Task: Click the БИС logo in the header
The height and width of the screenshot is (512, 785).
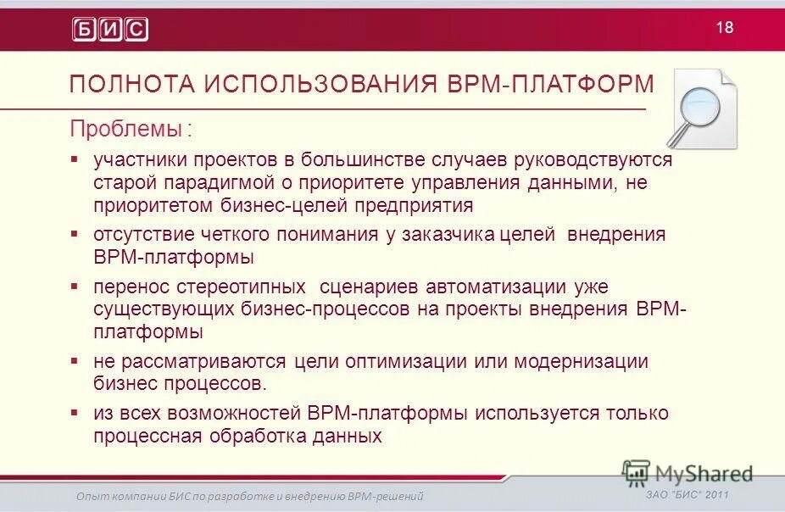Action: [x=110, y=29]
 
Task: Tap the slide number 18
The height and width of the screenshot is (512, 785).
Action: [x=725, y=27]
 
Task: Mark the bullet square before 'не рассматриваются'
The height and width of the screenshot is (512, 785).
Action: [x=75, y=360]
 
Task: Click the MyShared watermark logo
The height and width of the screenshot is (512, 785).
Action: [x=688, y=473]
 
